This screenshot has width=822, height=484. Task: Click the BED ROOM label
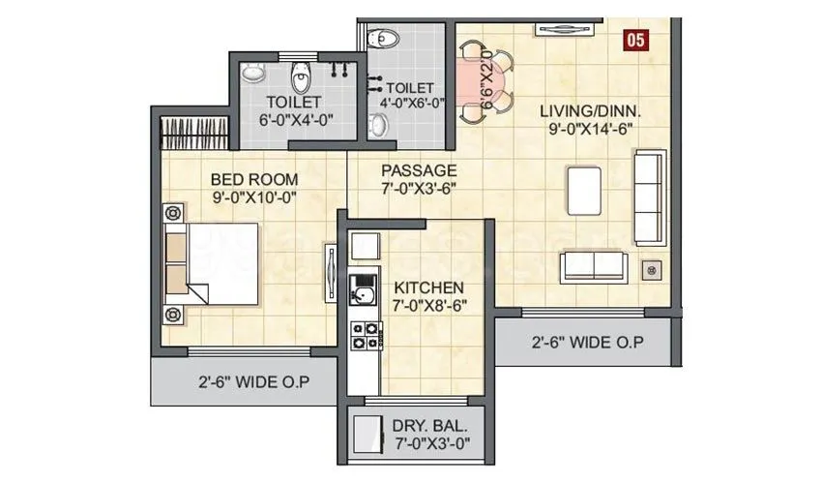click(x=254, y=179)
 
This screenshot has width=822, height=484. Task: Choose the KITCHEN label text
click(x=427, y=287)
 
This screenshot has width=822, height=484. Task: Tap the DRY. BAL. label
click(x=430, y=425)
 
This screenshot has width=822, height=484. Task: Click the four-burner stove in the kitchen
click(x=364, y=334)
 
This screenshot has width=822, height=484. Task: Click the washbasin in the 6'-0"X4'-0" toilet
click(x=253, y=73)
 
